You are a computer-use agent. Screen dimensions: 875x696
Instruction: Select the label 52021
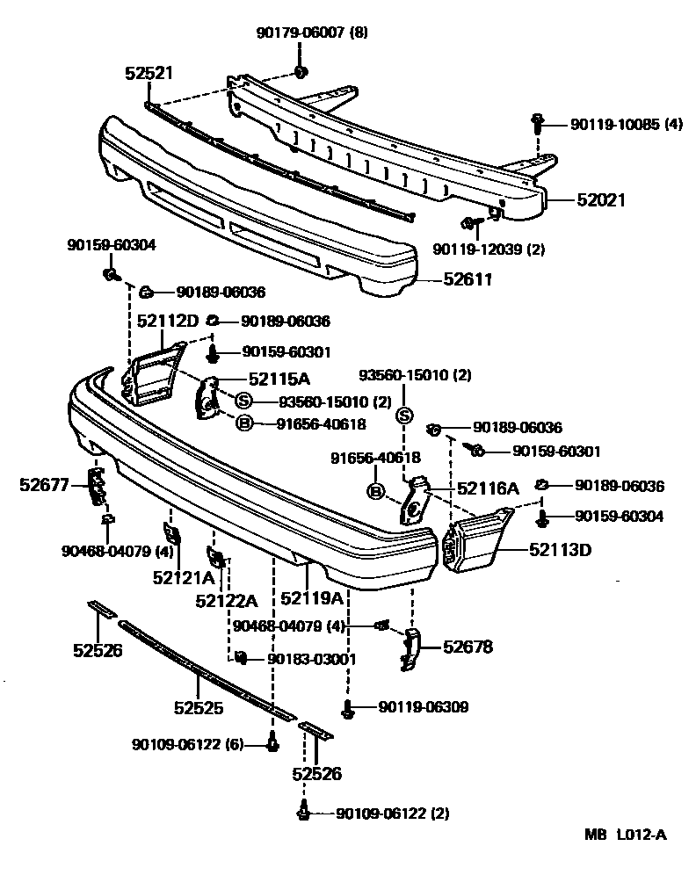click(x=600, y=200)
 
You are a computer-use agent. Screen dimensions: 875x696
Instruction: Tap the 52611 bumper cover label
click(x=466, y=280)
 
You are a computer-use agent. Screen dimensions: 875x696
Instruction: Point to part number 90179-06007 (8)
click(x=312, y=33)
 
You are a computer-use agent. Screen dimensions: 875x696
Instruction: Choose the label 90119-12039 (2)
click(x=488, y=249)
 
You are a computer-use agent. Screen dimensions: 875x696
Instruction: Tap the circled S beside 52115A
click(x=243, y=401)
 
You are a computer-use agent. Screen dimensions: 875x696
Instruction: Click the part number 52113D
click(x=560, y=551)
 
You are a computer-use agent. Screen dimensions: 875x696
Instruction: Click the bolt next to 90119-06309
click(x=348, y=709)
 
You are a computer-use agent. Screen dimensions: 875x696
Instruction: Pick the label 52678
click(x=468, y=647)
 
